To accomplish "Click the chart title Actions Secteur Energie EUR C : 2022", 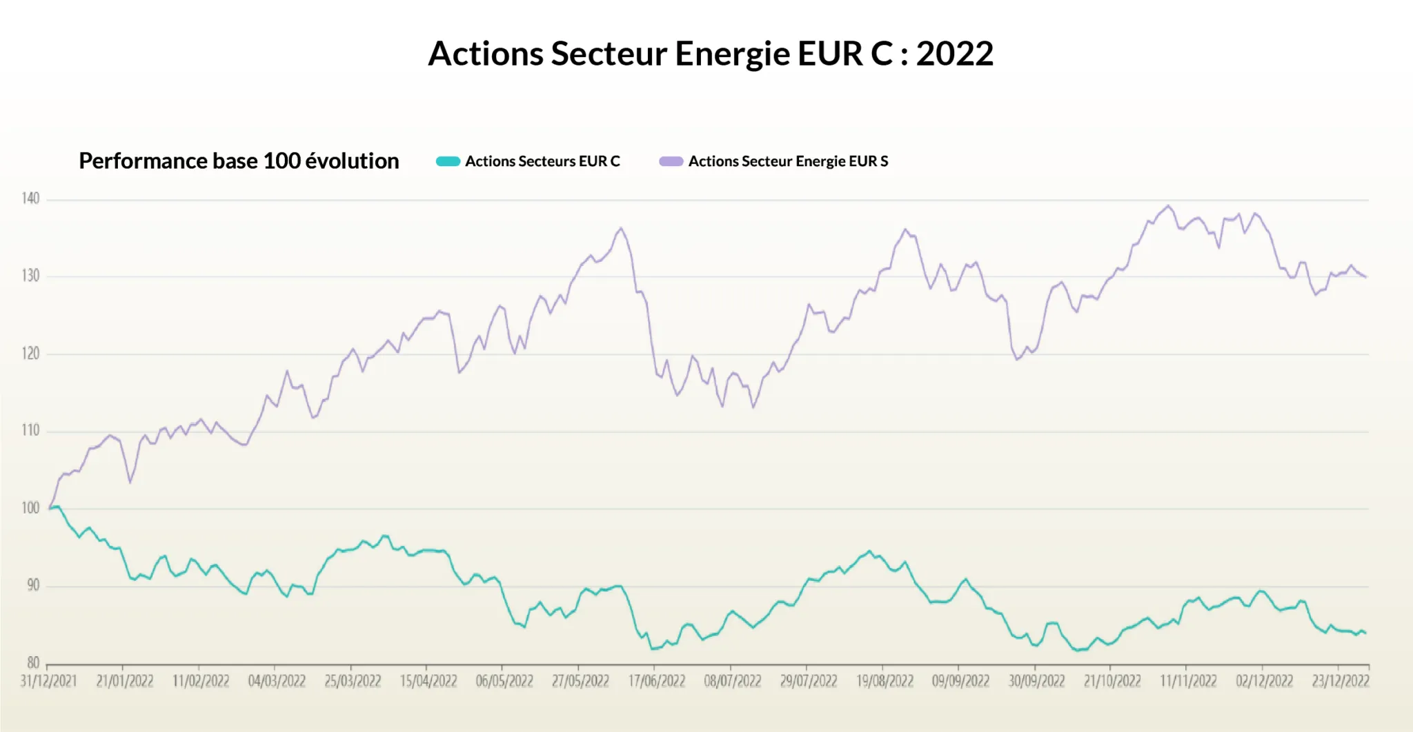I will [x=711, y=54].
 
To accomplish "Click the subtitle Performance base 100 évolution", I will [x=239, y=161].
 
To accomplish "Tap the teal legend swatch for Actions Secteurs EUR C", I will [x=448, y=161].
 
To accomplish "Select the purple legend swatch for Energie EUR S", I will [x=671, y=161].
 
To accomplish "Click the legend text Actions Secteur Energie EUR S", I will [x=788, y=161].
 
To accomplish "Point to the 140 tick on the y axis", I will [x=30, y=199].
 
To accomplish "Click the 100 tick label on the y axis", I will [x=30, y=508].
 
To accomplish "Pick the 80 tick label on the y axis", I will [x=33, y=663].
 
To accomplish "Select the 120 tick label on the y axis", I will [x=30, y=354].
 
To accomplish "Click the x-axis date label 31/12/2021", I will [x=48, y=681].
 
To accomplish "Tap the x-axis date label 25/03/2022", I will [x=353, y=681].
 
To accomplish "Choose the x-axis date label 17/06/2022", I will [x=656, y=681].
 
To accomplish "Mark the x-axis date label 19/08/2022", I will [x=885, y=681].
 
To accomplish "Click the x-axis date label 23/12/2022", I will [x=1340, y=681].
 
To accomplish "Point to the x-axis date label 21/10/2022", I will [x=1112, y=681].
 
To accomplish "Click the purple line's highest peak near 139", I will [x=1168, y=205].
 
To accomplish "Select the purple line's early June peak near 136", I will [x=621, y=228].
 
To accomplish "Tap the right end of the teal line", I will [x=1365, y=633].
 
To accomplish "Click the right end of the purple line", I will [x=1365, y=277].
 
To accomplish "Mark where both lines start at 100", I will [x=50, y=508].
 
